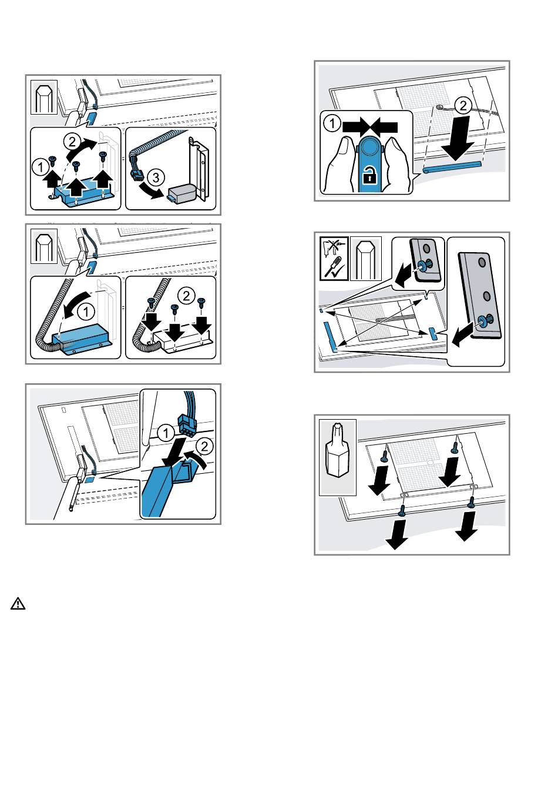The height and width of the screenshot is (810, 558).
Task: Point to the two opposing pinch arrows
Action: (369, 127)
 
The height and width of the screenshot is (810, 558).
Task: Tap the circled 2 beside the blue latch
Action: (204, 447)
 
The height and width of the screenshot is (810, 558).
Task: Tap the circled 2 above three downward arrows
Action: (186, 296)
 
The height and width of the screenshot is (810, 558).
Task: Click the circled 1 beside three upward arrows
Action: (40, 167)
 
